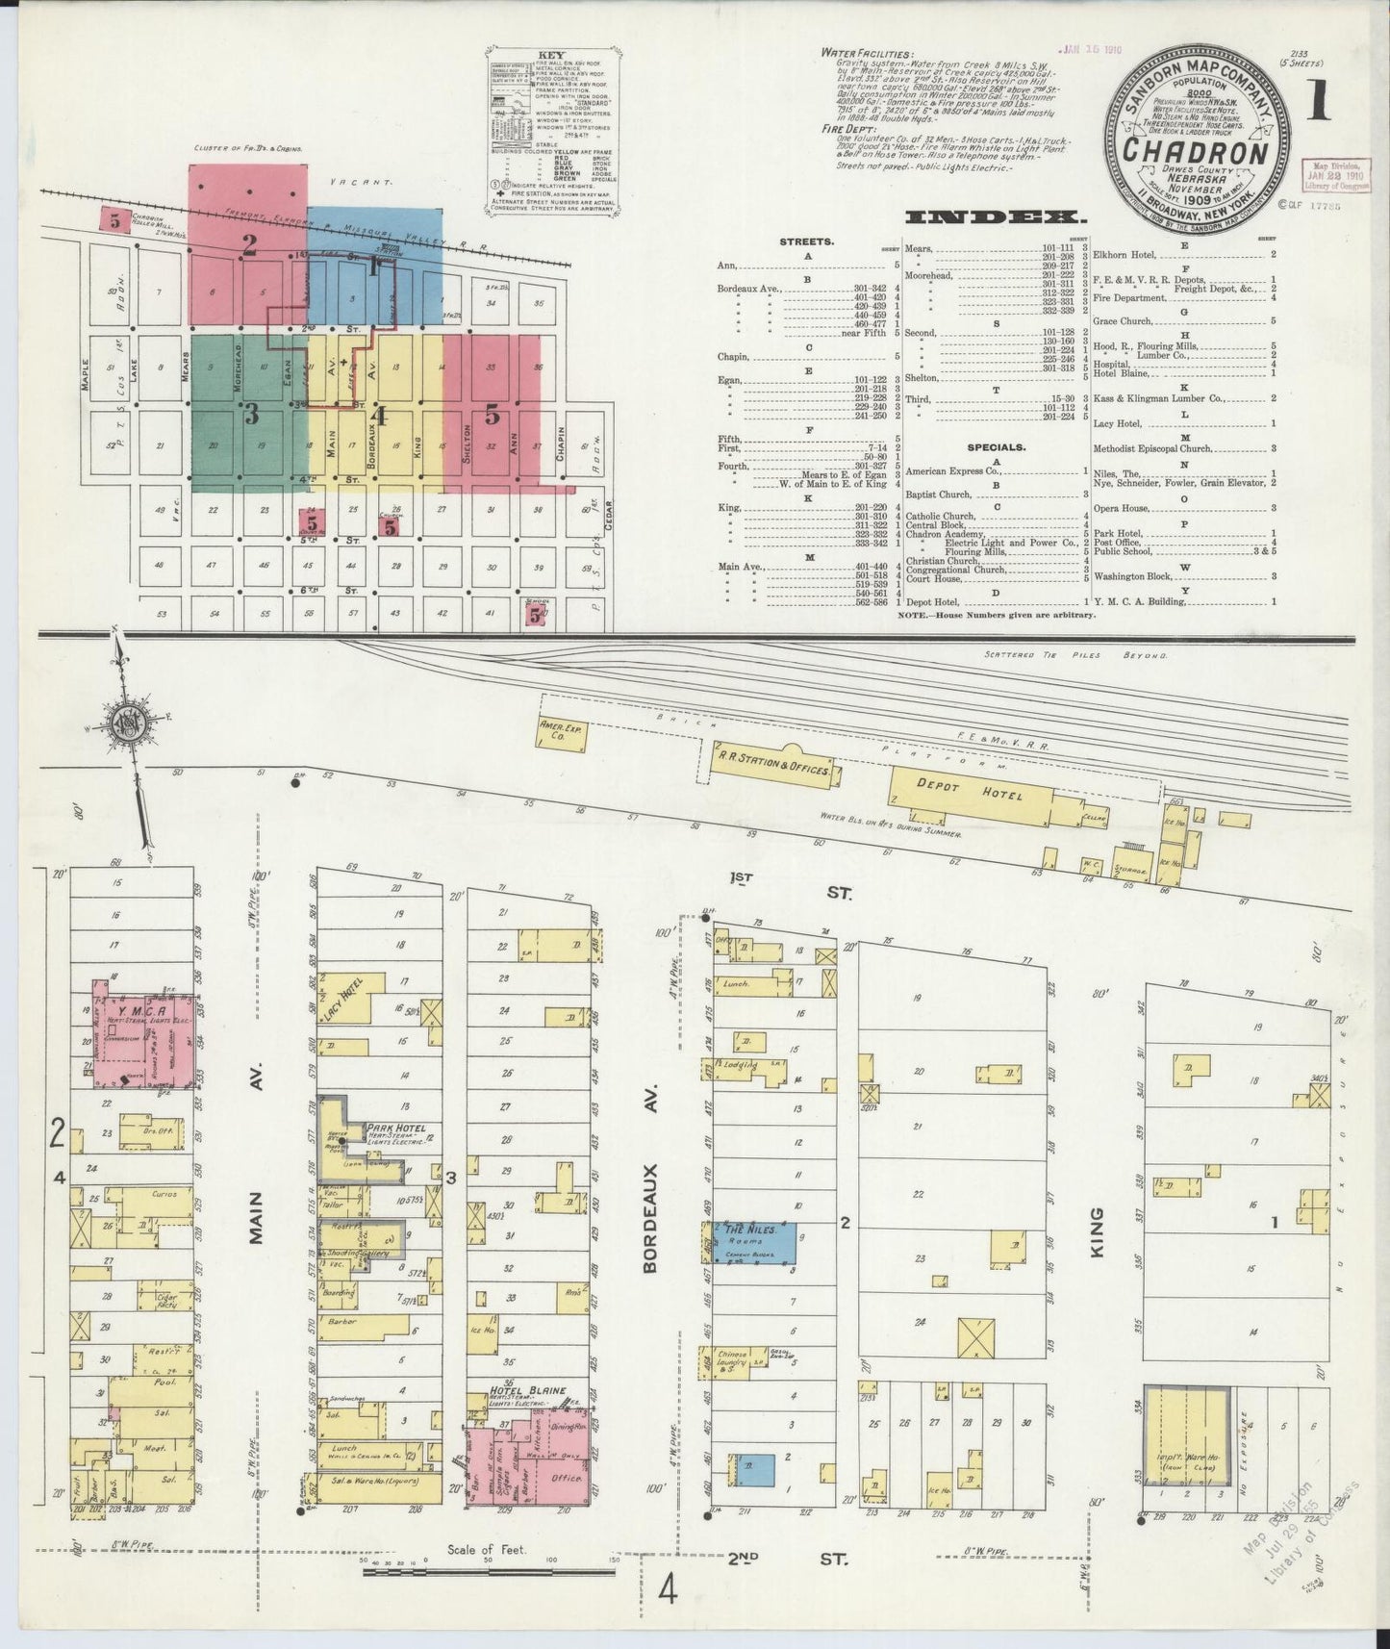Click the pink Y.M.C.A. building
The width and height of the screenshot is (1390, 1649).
point(144,1034)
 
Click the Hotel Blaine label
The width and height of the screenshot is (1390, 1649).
point(527,1390)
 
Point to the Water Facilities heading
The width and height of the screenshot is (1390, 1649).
point(867,54)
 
